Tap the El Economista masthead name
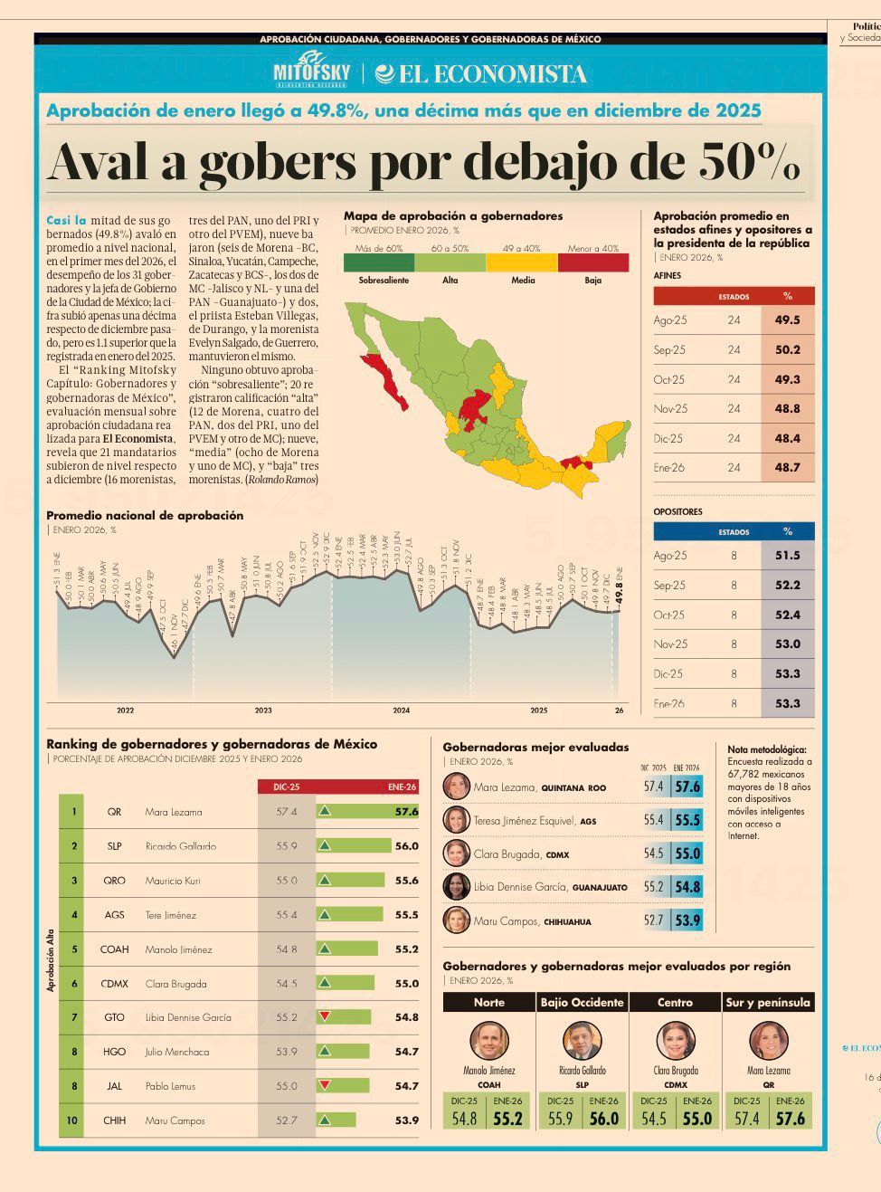pyautogui.click(x=481, y=74)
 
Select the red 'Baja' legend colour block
pyautogui.click(x=592, y=262)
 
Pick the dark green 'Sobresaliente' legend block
pyautogui.click(x=379, y=262)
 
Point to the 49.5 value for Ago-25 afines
pyautogui.click(x=787, y=319)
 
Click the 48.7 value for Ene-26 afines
pyautogui.click(x=787, y=467)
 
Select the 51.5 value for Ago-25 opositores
pyautogui.click(x=787, y=556)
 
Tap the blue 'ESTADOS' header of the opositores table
pyautogui.click(x=734, y=532)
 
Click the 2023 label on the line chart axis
pyautogui.click(x=263, y=710)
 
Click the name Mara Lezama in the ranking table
pyautogui.click(x=174, y=812)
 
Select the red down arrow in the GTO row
pyautogui.click(x=324, y=1016)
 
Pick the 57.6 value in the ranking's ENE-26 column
pyautogui.click(x=406, y=812)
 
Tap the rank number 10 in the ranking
pyautogui.click(x=72, y=1120)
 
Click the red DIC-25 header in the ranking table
pyautogui.click(x=286, y=787)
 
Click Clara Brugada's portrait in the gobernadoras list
pyautogui.click(x=456, y=853)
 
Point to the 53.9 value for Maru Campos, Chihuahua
pyautogui.click(x=687, y=920)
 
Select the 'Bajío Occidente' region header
pyautogui.click(x=582, y=1002)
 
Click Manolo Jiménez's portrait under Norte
pyautogui.click(x=489, y=1041)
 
